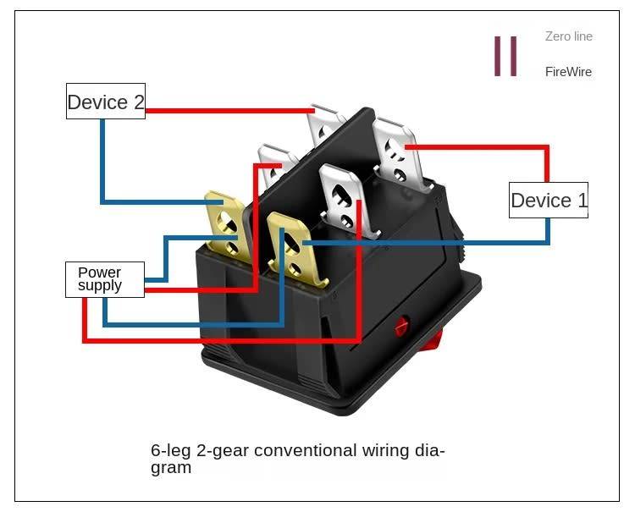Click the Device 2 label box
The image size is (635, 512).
pos(106,102)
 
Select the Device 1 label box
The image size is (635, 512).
pos(549,201)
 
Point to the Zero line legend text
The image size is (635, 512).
pos(568,36)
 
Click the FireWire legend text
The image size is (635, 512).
pos(568,72)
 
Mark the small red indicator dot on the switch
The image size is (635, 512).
pos(401,324)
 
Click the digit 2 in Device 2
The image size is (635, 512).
pos(138,102)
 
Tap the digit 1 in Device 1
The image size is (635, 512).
pos(581,201)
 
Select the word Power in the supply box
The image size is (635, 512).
pos(99,273)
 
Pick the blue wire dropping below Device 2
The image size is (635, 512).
pos(102,161)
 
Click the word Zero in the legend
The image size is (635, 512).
pos(557,36)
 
